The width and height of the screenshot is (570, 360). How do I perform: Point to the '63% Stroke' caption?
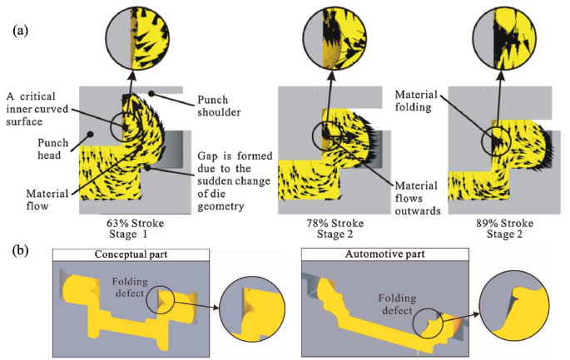[x=136, y=223]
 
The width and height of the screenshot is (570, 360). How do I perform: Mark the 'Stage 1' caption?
[x=136, y=234]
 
